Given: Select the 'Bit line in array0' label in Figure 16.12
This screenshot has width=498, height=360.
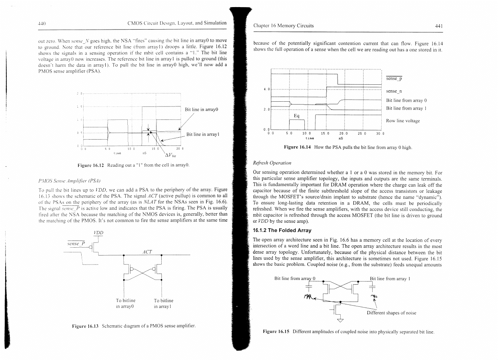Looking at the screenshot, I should [201, 109].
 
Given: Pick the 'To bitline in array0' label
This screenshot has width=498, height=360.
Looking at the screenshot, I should [125, 303].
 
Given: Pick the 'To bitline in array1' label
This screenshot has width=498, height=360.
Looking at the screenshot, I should [163, 303].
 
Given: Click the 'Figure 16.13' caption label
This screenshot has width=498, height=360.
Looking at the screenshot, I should [85, 326].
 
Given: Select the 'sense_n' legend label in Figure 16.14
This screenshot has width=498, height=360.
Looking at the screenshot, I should [394, 91].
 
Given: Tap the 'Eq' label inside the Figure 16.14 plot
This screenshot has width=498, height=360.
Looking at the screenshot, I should [297, 116].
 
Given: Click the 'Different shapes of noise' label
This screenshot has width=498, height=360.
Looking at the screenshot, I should [391, 313].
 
